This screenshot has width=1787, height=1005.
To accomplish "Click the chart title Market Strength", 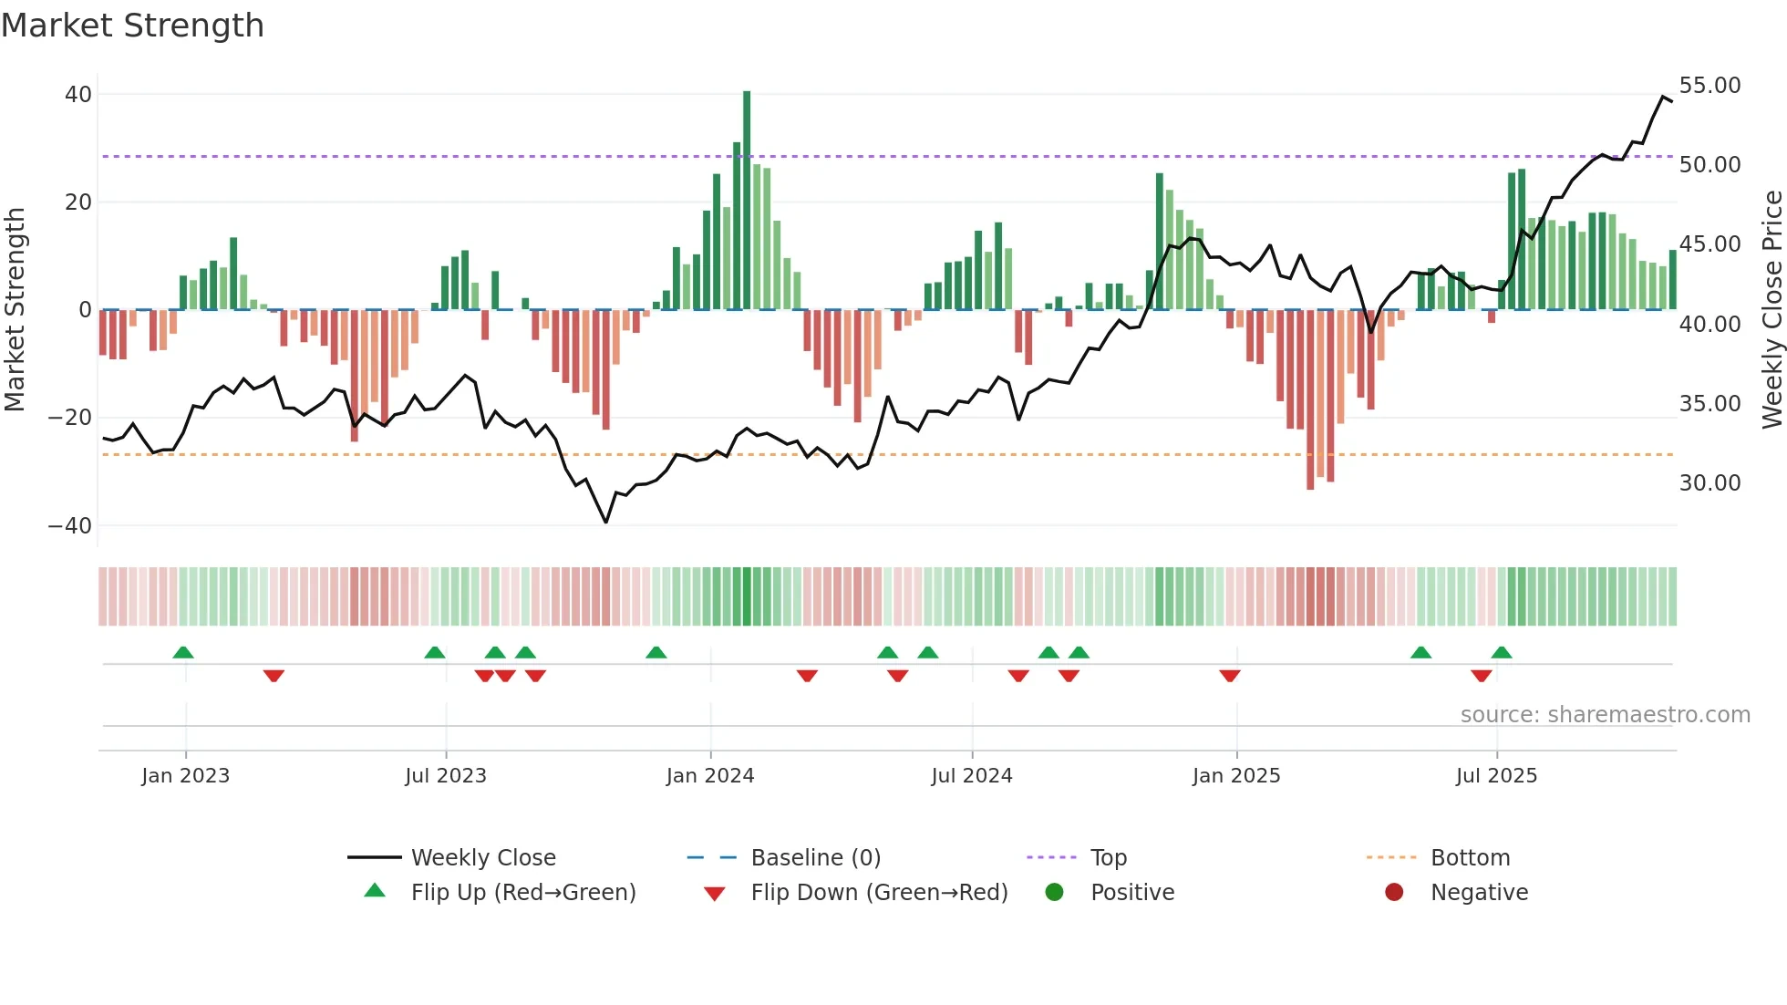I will click(132, 26).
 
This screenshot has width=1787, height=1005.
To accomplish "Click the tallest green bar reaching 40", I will click(747, 201).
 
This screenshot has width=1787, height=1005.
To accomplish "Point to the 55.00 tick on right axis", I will click(1710, 86).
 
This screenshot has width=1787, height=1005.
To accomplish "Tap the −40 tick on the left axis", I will click(70, 526).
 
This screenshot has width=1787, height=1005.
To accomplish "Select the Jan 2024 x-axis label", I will click(710, 776).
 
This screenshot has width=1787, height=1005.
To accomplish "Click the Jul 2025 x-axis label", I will click(1496, 776).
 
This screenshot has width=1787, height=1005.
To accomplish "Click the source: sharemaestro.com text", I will click(1605, 715).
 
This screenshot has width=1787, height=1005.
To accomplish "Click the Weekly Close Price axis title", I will click(1772, 310).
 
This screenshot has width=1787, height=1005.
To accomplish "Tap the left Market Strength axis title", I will click(15, 310).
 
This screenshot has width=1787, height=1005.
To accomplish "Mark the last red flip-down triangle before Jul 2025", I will click(1481, 676).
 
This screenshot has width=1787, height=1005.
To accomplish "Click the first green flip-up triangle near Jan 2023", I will click(183, 652).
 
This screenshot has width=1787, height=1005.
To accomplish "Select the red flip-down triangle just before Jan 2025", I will click(1229, 676).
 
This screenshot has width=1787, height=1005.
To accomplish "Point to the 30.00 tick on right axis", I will click(1710, 483).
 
